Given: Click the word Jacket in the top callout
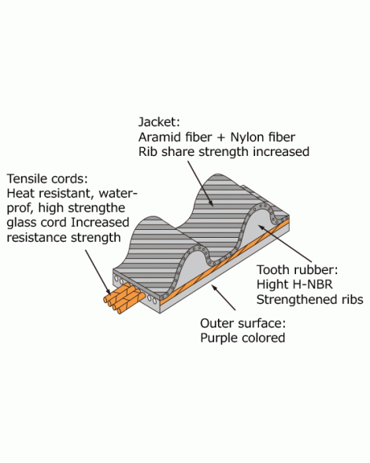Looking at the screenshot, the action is coord(157,122).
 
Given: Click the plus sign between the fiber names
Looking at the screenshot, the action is coord(221,138).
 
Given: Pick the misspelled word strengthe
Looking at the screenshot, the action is coord(97,209).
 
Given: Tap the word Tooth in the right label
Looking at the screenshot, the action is coord(273,270).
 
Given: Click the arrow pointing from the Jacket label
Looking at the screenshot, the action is coord(200,183).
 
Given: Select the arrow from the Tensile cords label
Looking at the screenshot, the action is coord(98,272).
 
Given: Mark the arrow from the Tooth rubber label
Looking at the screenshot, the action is coord(285,243).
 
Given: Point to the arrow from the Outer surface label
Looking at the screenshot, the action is coord(224,298).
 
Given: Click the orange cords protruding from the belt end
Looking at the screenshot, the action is coord(124,298).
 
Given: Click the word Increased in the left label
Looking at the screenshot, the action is coord(100,223).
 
